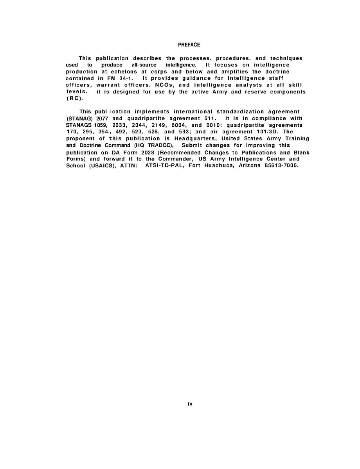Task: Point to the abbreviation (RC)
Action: click(73, 99)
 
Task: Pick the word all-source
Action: click(144, 65)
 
